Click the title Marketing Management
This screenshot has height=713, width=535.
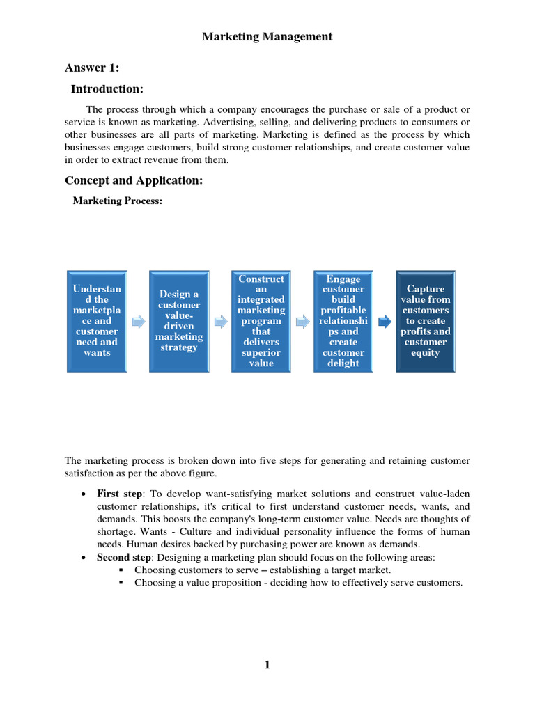point(267,37)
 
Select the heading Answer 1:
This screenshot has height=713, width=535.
point(92,68)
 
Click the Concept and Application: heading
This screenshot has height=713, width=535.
point(134,180)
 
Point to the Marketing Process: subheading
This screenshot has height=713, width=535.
point(118,201)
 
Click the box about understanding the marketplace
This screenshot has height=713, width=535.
point(97,321)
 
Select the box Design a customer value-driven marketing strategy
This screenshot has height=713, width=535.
point(179,321)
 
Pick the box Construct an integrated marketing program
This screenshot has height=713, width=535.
point(261,321)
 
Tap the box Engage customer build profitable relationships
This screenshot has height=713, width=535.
point(343,321)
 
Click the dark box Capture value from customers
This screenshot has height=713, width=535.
point(425,321)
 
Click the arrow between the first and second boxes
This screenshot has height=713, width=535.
point(138,322)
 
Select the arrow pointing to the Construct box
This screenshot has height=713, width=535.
point(220,322)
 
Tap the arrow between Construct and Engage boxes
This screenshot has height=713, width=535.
point(302,322)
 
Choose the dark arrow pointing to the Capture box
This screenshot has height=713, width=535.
point(385,322)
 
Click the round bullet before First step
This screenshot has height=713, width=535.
point(84,494)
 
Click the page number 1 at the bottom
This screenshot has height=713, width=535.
point(267,665)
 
